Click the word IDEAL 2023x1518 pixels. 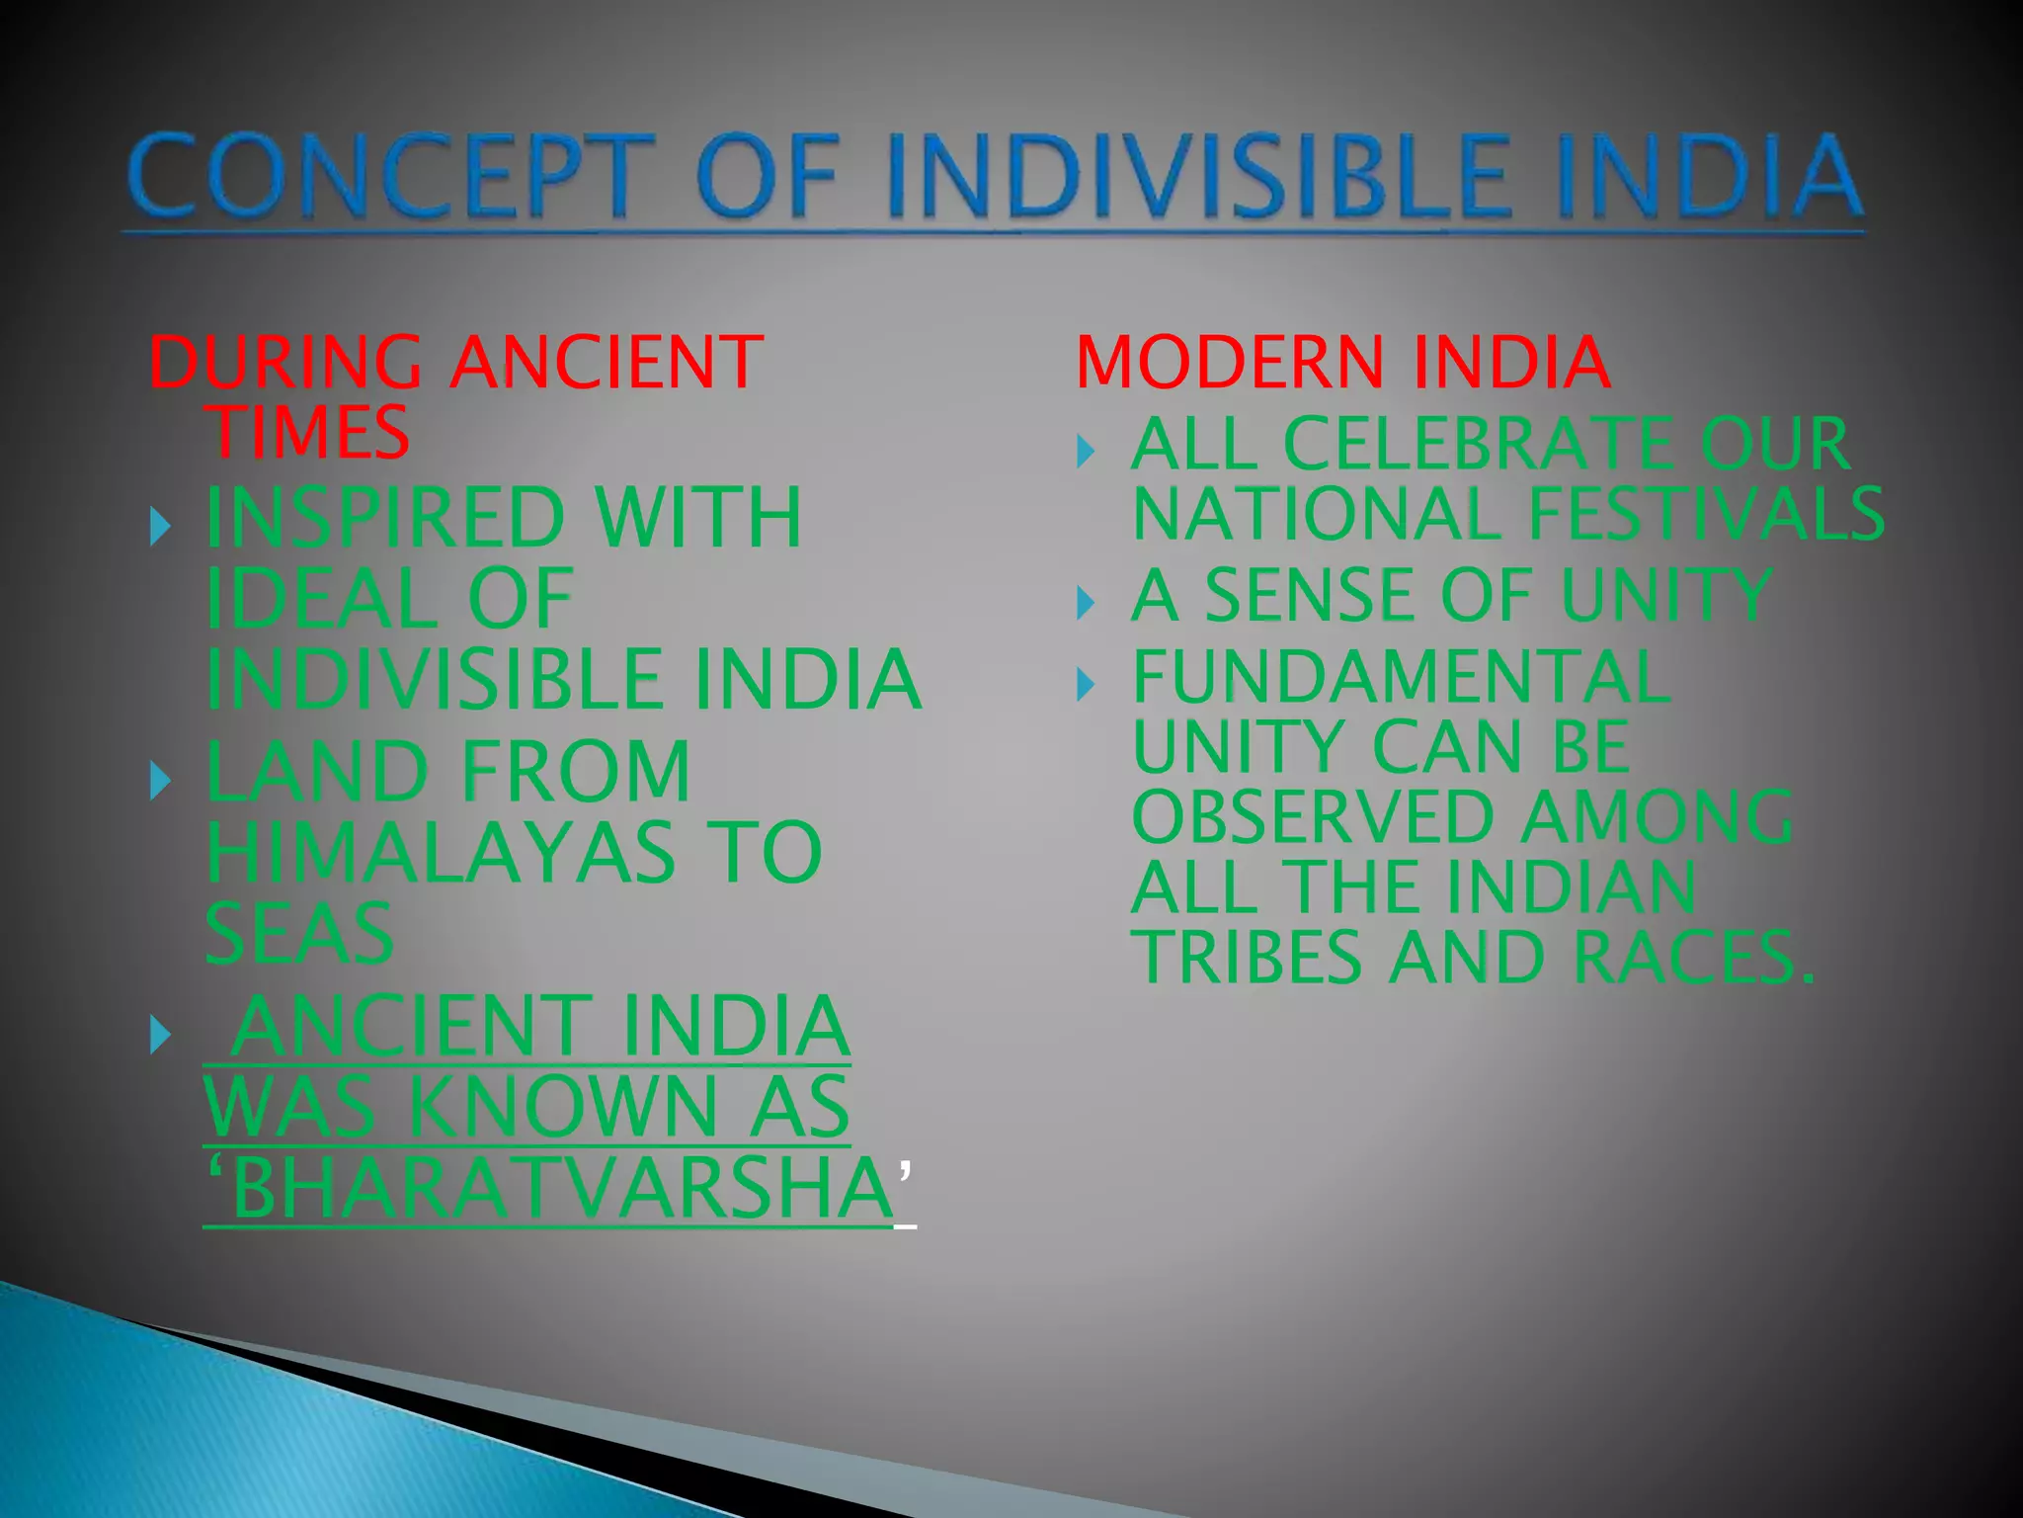point(321,599)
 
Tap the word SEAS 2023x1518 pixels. point(299,934)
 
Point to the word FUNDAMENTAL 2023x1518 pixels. point(1401,677)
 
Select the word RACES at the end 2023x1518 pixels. point(1692,958)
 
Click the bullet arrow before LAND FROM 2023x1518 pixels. point(161,781)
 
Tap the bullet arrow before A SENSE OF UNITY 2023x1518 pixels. point(1086,602)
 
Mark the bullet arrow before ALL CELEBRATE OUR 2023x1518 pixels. point(1086,453)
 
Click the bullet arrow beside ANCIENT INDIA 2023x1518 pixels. point(161,1036)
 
